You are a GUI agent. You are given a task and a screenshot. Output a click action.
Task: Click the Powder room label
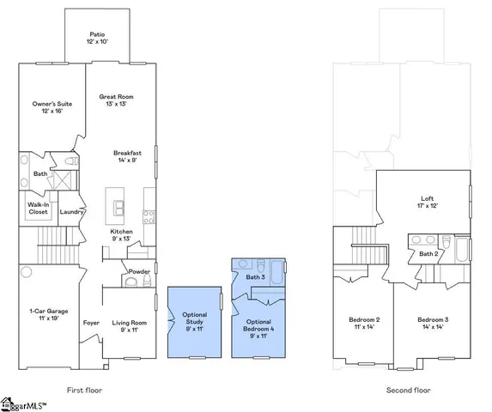click(139, 270)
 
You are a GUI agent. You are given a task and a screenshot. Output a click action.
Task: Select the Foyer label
click(91, 324)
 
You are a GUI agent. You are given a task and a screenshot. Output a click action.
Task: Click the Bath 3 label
click(254, 277)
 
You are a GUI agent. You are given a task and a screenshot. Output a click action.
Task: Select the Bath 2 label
click(429, 254)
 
